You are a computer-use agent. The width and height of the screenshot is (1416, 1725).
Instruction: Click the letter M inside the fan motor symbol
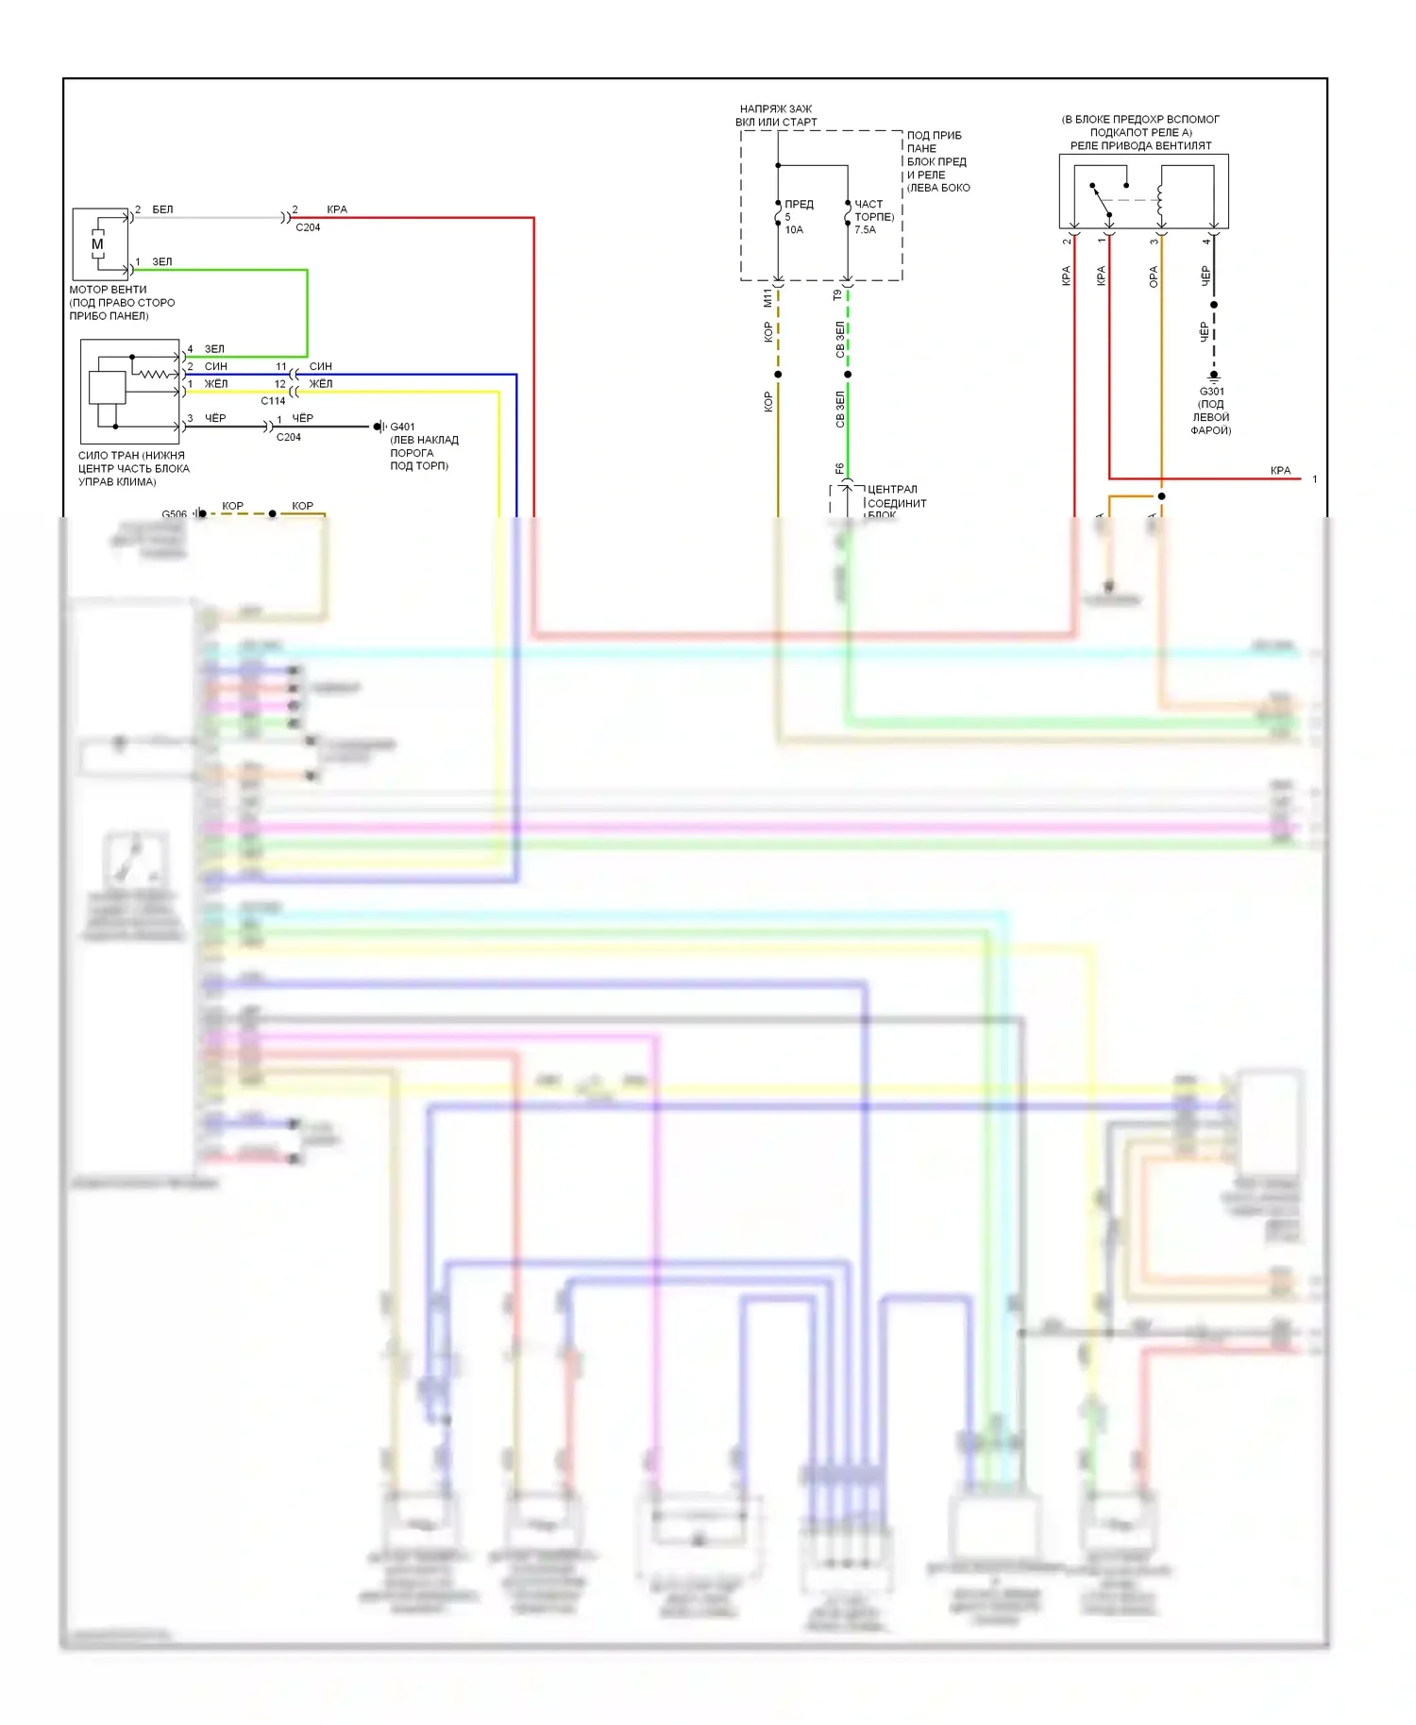(x=97, y=244)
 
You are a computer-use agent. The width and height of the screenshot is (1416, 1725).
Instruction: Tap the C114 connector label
(x=273, y=401)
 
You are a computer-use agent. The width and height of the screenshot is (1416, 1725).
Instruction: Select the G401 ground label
(x=402, y=427)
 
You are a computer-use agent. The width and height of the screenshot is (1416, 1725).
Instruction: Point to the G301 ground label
(x=1211, y=392)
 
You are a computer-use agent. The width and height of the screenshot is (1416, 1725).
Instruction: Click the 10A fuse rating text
(x=794, y=230)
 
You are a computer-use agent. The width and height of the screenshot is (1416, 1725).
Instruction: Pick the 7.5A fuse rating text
(x=865, y=230)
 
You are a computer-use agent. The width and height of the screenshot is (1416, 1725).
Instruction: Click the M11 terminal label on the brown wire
(x=767, y=298)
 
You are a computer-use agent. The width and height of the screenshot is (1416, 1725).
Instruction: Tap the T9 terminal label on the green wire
(x=837, y=295)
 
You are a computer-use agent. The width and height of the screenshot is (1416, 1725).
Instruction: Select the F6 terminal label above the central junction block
(x=839, y=468)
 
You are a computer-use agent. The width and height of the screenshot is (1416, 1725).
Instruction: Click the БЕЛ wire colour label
(x=162, y=209)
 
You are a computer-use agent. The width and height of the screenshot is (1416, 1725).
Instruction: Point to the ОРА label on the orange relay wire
(x=1153, y=276)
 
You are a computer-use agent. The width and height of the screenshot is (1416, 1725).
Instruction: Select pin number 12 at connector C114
(x=279, y=384)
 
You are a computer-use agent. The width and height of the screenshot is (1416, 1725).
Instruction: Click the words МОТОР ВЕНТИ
(x=108, y=290)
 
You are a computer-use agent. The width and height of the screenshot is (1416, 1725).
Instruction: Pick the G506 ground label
(x=174, y=514)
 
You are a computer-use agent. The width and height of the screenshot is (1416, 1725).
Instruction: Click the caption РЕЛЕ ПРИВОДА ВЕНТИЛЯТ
(x=1140, y=146)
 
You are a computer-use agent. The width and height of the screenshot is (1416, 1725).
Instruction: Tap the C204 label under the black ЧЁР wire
(x=289, y=437)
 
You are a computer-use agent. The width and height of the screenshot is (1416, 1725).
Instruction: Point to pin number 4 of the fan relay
(x=1205, y=242)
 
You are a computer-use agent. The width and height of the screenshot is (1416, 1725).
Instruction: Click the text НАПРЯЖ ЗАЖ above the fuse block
(x=775, y=109)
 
